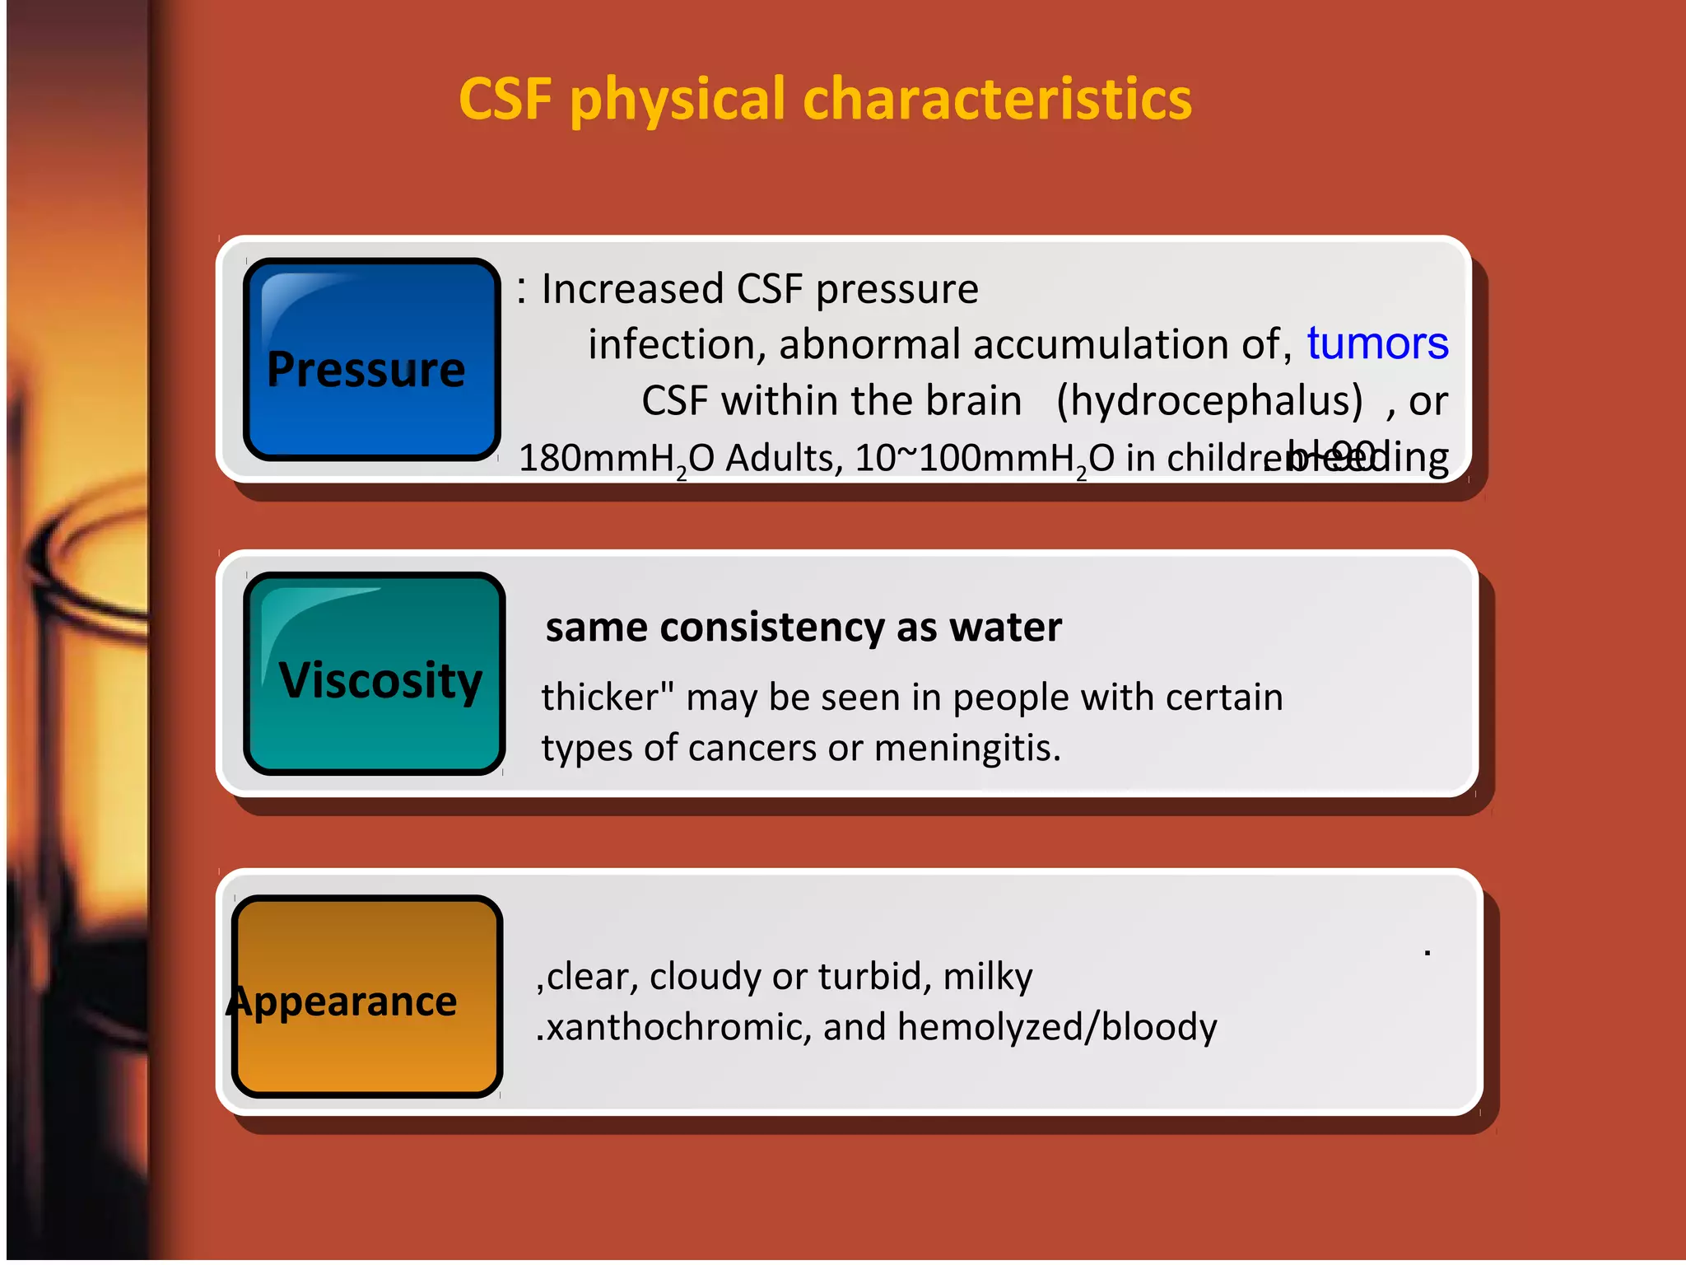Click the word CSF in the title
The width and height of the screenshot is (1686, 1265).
click(505, 100)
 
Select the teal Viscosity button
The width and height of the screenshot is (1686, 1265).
click(375, 674)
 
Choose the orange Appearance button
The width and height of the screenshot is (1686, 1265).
click(367, 997)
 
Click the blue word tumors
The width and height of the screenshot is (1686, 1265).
click(1376, 343)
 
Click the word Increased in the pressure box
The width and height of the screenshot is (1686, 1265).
click(632, 289)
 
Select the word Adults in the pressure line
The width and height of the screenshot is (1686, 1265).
click(783, 458)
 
